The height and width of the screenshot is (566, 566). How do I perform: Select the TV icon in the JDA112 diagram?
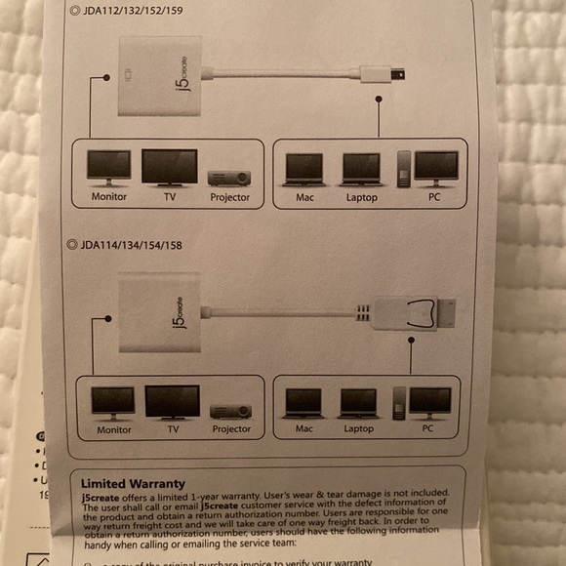[x=169, y=167]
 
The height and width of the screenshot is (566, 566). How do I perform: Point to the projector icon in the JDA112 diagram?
[x=229, y=178]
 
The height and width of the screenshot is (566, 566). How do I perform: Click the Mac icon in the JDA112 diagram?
[x=304, y=169]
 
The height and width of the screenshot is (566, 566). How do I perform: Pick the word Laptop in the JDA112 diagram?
[x=361, y=197]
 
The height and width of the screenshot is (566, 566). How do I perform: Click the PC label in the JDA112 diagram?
[x=434, y=197]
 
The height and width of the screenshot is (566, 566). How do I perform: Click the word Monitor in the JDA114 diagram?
[x=114, y=429]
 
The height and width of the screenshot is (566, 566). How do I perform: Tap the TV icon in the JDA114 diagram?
[x=172, y=402]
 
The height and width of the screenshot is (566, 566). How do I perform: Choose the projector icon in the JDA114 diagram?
[x=230, y=411]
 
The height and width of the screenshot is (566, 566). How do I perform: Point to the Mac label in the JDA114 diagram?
[x=303, y=429]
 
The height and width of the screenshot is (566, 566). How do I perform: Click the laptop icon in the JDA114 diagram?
[x=359, y=402]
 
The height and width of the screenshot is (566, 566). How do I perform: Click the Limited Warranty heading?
[x=133, y=483]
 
